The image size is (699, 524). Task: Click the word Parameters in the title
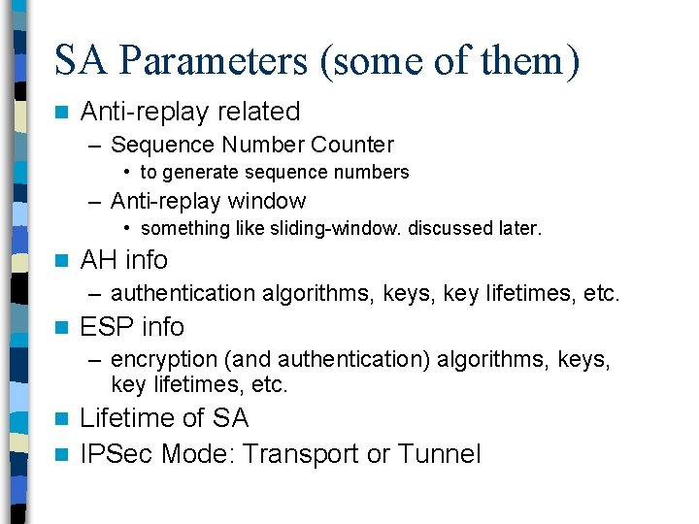pyautogui.click(x=208, y=61)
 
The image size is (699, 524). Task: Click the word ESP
pyautogui.click(x=105, y=327)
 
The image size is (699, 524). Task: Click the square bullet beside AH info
pyautogui.click(x=62, y=261)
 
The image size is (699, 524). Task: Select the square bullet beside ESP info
pyautogui.click(x=62, y=328)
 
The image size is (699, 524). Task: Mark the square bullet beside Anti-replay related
pyautogui.click(x=62, y=113)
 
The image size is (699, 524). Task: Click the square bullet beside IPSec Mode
pyautogui.click(x=62, y=455)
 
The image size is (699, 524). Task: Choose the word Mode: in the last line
pyautogui.click(x=198, y=454)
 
